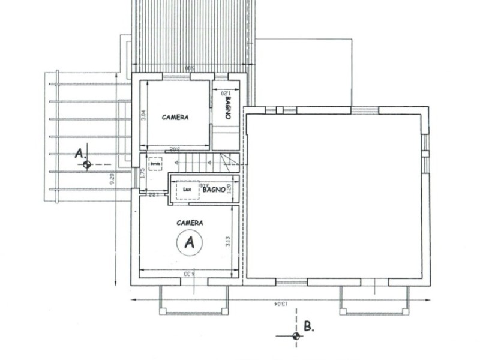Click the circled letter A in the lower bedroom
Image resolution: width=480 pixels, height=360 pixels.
pos(190,242)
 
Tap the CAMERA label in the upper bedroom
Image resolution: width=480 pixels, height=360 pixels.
pos(175,118)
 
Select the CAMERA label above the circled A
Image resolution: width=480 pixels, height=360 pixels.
pos(190,223)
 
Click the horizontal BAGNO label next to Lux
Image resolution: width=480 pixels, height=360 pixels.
pos(214,189)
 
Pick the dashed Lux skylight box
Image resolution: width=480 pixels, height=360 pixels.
pos(187,190)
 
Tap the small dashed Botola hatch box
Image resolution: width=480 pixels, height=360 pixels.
pos(156,164)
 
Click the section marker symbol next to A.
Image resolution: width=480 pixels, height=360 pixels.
pos(88,164)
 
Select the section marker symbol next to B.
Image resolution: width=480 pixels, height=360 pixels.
pos(295,336)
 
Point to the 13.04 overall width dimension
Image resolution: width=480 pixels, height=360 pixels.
pos(281,304)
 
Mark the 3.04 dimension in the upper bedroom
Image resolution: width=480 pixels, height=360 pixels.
pos(143,115)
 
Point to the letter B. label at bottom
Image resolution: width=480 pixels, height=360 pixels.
pos(308,327)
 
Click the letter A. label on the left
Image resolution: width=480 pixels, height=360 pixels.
pos(80,154)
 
